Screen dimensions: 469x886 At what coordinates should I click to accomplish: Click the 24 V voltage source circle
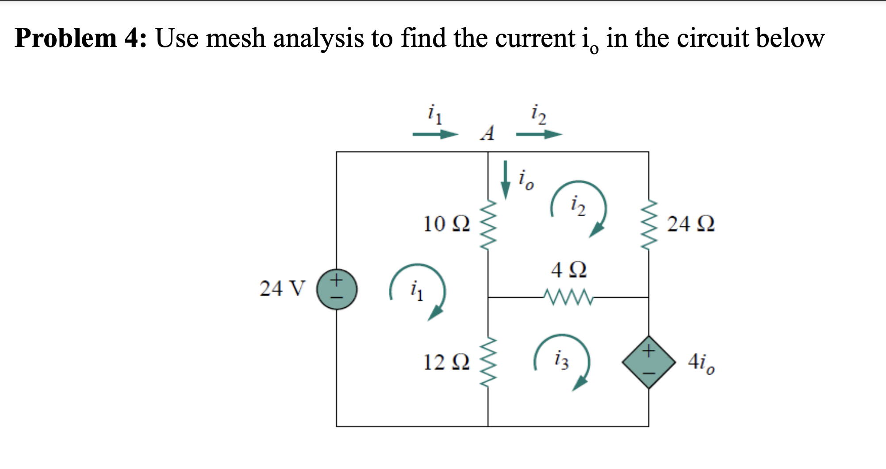[x=337, y=290]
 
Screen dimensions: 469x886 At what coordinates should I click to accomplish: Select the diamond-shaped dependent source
[x=648, y=362]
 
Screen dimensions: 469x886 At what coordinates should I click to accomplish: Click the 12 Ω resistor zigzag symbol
[x=488, y=362]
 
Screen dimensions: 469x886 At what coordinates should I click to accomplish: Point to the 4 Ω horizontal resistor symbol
[x=568, y=297]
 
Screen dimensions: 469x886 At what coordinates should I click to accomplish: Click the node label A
[x=487, y=133]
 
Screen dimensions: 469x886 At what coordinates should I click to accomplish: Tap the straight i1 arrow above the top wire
[x=435, y=134]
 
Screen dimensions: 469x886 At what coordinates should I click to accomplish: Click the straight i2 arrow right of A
[x=539, y=134]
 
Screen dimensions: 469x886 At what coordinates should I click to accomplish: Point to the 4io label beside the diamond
[x=701, y=363]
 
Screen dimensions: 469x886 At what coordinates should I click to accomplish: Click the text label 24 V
[x=282, y=289]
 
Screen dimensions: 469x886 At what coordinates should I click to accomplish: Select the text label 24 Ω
[x=690, y=224]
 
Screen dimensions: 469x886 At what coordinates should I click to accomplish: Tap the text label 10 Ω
[x=446, y=224]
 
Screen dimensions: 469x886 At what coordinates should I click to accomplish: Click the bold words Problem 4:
[x=81, y=38]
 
